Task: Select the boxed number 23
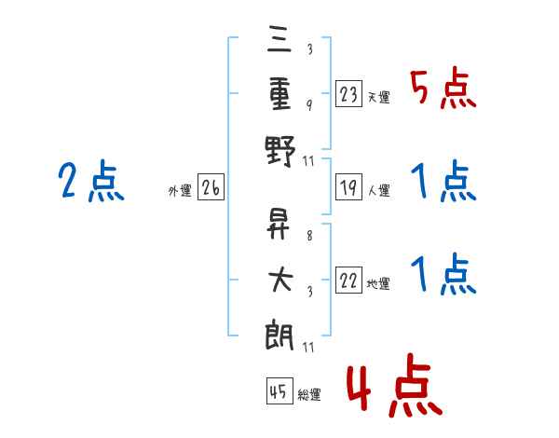(x=348, y=93)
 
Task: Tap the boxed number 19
(x=348, y=188)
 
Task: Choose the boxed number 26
(x=211, y=188)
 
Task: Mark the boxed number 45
(x=278, y=391)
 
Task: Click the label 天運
(x=378, y=97)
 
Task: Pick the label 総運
(x=309, y=395)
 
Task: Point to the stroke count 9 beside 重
(x=308, y=104)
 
